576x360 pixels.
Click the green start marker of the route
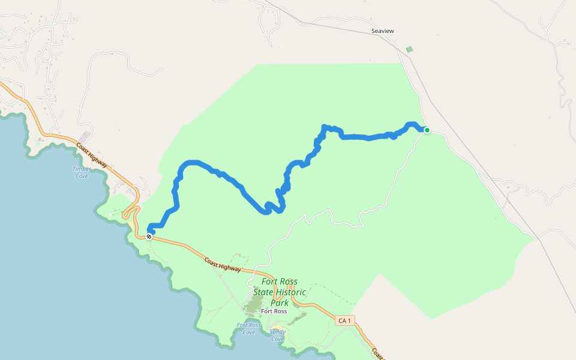click(x=427, y=130)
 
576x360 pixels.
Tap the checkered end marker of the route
click(x=149, y=236)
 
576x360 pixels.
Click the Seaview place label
click(x=383, y=31)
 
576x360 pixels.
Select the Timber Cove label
click(x=82, y=172)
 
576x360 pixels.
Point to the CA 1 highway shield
click(x=344, y=321)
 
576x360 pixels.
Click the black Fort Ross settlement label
click(x=274, y=311)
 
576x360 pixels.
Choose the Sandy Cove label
click(x=277, y=335)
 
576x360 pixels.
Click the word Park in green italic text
click(x=280, y=303)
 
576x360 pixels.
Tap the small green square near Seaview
click(x=409, y=49)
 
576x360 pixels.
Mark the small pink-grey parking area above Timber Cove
click(x=85, y=136)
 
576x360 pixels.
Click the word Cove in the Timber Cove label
click(x=82, y=176)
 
